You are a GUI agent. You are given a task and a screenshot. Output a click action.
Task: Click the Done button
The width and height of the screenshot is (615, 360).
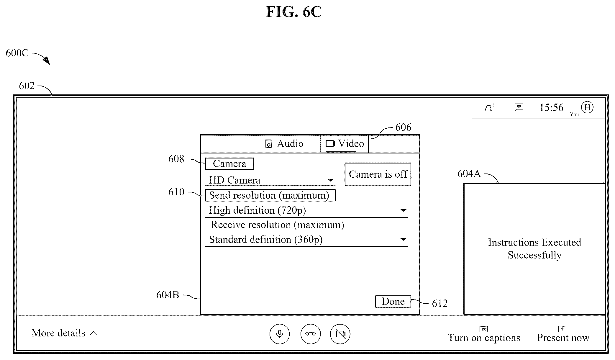click(393, 301)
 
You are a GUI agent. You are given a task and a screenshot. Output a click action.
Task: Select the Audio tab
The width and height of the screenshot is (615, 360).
click(284, 144)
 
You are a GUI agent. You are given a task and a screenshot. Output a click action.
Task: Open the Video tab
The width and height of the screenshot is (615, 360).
click(344, 144)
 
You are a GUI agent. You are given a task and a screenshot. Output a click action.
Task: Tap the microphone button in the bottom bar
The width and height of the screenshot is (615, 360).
click(279, 334)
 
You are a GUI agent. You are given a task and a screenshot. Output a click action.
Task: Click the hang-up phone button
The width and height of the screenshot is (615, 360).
click(311, 334)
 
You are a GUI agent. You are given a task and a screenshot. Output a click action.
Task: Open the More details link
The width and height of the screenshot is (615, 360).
click(65, 333)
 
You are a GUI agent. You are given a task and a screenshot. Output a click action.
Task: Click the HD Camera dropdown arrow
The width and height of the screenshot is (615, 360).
click(330, 180)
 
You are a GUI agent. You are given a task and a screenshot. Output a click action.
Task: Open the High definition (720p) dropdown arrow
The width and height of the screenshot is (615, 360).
click(403, 210)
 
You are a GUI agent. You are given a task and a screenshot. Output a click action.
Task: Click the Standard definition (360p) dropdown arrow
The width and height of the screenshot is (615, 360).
click(403, 239)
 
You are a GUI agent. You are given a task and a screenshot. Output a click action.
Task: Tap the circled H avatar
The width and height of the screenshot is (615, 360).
click(587, 107)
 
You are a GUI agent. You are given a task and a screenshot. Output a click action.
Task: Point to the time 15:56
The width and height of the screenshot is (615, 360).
click(551, 108)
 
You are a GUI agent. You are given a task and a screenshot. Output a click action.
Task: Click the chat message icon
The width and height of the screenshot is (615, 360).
click(519, 107)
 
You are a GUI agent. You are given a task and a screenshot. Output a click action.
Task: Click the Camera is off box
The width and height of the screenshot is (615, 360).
click(378, 174)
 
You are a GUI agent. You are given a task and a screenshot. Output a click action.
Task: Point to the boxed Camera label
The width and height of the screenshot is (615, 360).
click(229, 164)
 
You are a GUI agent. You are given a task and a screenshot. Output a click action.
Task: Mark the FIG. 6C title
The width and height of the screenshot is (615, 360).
click(294, 12)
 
